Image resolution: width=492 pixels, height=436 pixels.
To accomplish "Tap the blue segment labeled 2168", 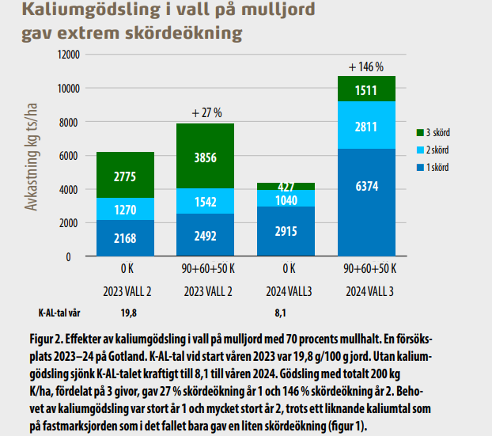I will pos(126,237).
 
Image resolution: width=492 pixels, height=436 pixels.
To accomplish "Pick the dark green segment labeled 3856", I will pos(206,156).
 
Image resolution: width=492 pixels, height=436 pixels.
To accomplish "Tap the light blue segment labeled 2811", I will pos(366,125).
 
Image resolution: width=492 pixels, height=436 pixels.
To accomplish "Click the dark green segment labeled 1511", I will pos(366,89).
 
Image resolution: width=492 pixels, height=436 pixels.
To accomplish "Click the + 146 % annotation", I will pos(365,66).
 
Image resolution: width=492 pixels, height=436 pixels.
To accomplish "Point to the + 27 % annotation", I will pos(206,113).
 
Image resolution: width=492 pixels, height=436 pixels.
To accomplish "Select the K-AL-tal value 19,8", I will pos(126,312).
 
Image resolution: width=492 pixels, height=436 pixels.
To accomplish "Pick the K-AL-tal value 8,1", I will pos(286,312).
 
